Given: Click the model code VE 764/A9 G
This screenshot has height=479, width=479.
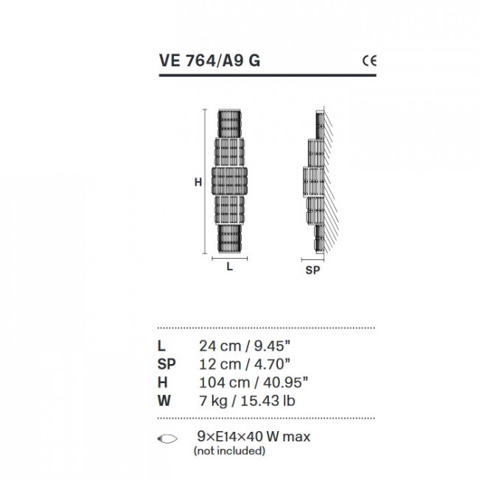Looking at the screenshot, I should (209, 61).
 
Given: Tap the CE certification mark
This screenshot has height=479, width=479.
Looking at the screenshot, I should (368, 61).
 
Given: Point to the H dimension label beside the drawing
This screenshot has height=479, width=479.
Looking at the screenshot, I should (197, 182).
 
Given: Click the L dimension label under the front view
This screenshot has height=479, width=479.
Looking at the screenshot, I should (230, 268).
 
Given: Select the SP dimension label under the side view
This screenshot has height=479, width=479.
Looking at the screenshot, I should (312, 270).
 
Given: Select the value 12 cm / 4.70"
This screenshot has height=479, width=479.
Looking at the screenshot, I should (245, 364).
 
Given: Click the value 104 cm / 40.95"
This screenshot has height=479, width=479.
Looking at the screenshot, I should (253, 382).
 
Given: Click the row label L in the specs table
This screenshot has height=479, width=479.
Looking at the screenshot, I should (161, 345).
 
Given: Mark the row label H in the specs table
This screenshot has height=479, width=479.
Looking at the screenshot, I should (162, 382).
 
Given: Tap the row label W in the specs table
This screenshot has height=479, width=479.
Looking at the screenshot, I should (164, 402).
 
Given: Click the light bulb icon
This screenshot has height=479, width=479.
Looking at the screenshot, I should (168, 438).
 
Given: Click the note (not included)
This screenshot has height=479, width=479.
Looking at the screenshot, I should (229, 450).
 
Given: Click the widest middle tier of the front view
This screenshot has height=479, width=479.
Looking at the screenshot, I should (230, 179).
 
